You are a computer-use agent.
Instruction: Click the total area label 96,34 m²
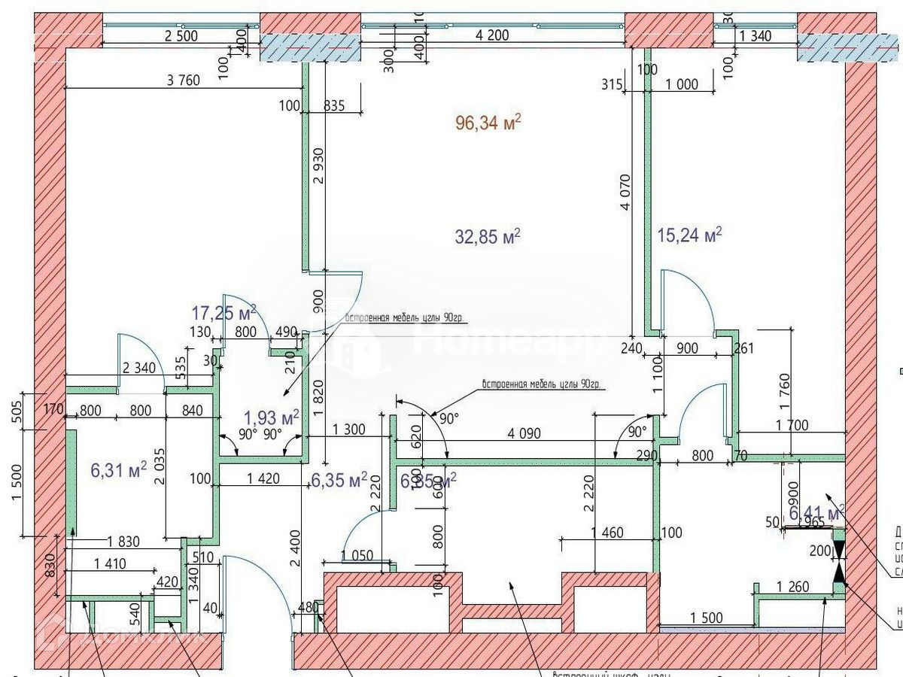coord(488,123)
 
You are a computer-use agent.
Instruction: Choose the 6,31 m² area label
coord(118,470)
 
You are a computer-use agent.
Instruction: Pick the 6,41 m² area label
coord(816,514)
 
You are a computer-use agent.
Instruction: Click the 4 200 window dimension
coord(492,35)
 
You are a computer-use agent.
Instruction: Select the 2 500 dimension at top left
coord(181,35)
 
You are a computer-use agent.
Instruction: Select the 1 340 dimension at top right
coord(757,35)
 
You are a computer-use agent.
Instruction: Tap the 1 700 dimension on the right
coord(792,426)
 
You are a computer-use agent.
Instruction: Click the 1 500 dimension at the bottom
coord(706,618)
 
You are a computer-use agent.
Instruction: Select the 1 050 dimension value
coord(357,555)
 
